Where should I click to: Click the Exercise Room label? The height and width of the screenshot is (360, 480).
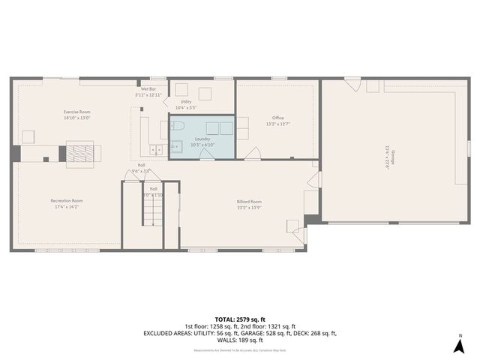[77, 112]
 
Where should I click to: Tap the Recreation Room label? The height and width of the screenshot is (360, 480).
[67, 200]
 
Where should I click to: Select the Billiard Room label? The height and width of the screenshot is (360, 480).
[249, 201]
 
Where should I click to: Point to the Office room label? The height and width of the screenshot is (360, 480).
[277, 117]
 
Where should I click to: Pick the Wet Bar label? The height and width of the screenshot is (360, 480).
[148, 89]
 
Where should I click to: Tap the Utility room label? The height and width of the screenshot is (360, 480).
[185, 101]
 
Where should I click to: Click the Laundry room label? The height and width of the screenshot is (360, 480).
[202, 139]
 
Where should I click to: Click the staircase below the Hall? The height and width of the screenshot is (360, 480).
[152, 208]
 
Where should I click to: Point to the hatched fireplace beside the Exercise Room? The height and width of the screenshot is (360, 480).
[77, 153]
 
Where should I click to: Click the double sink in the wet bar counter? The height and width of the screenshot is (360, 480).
[157, 148]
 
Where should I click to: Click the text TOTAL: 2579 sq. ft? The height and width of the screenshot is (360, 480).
[239, 319]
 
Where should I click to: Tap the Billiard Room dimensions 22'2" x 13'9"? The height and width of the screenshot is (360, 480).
[249, 206]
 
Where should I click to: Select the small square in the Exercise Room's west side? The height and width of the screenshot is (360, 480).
[28, 136]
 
